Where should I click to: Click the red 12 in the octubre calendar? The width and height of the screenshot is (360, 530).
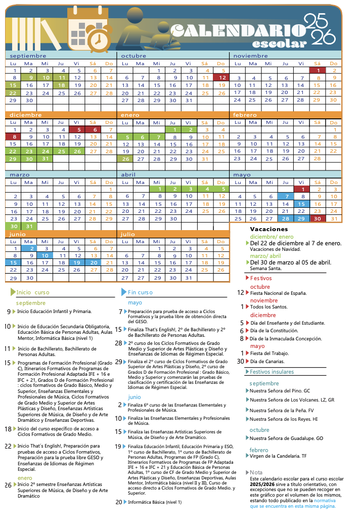point(220,78)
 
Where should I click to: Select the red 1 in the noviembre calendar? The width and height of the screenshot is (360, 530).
point(317,70)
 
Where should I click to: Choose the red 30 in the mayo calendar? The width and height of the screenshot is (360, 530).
point(317,218)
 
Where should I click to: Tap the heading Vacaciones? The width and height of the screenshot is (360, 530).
point(269,229)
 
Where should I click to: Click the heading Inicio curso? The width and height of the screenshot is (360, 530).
point(33,292)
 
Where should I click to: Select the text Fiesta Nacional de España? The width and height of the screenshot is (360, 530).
point(278,293)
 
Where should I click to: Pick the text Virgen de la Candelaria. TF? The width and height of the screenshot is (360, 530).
point(278,456)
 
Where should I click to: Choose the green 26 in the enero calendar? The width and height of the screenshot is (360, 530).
point(126,159)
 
